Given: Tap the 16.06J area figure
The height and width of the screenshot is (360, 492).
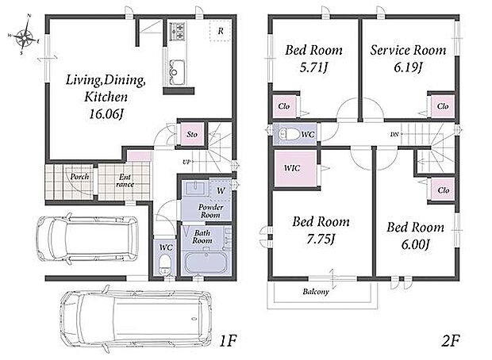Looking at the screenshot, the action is pos(106,114).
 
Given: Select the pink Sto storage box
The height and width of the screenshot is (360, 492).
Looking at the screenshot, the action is pos(192,134).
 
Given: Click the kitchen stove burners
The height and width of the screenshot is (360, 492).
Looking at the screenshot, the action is pos(178,31).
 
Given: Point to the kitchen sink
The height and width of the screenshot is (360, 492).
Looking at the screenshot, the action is pos(177,72).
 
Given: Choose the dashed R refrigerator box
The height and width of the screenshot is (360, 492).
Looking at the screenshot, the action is pos(221,30).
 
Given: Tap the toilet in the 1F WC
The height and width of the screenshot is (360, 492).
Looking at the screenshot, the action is pos(163,264).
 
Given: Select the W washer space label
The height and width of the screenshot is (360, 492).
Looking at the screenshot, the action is pos(221,190).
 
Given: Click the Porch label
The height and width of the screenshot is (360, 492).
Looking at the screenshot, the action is pos(79,177).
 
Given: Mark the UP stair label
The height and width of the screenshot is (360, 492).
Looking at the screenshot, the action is pos(186,162).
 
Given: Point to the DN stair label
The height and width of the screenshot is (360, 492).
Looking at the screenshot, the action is pos(394,135).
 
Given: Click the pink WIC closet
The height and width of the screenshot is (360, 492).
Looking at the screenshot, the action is pos(295,168).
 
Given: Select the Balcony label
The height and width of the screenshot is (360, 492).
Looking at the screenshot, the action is pos(316,292).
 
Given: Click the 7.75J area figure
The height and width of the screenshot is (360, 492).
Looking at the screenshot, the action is pos(321,239).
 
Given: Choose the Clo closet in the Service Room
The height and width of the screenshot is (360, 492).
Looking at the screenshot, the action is pos(443,106).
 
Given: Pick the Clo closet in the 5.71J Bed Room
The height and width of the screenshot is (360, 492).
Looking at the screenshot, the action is pos(284,106).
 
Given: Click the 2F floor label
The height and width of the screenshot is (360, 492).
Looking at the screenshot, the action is pos(450,341).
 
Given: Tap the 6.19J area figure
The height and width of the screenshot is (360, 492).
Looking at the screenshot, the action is pos(408,67).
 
